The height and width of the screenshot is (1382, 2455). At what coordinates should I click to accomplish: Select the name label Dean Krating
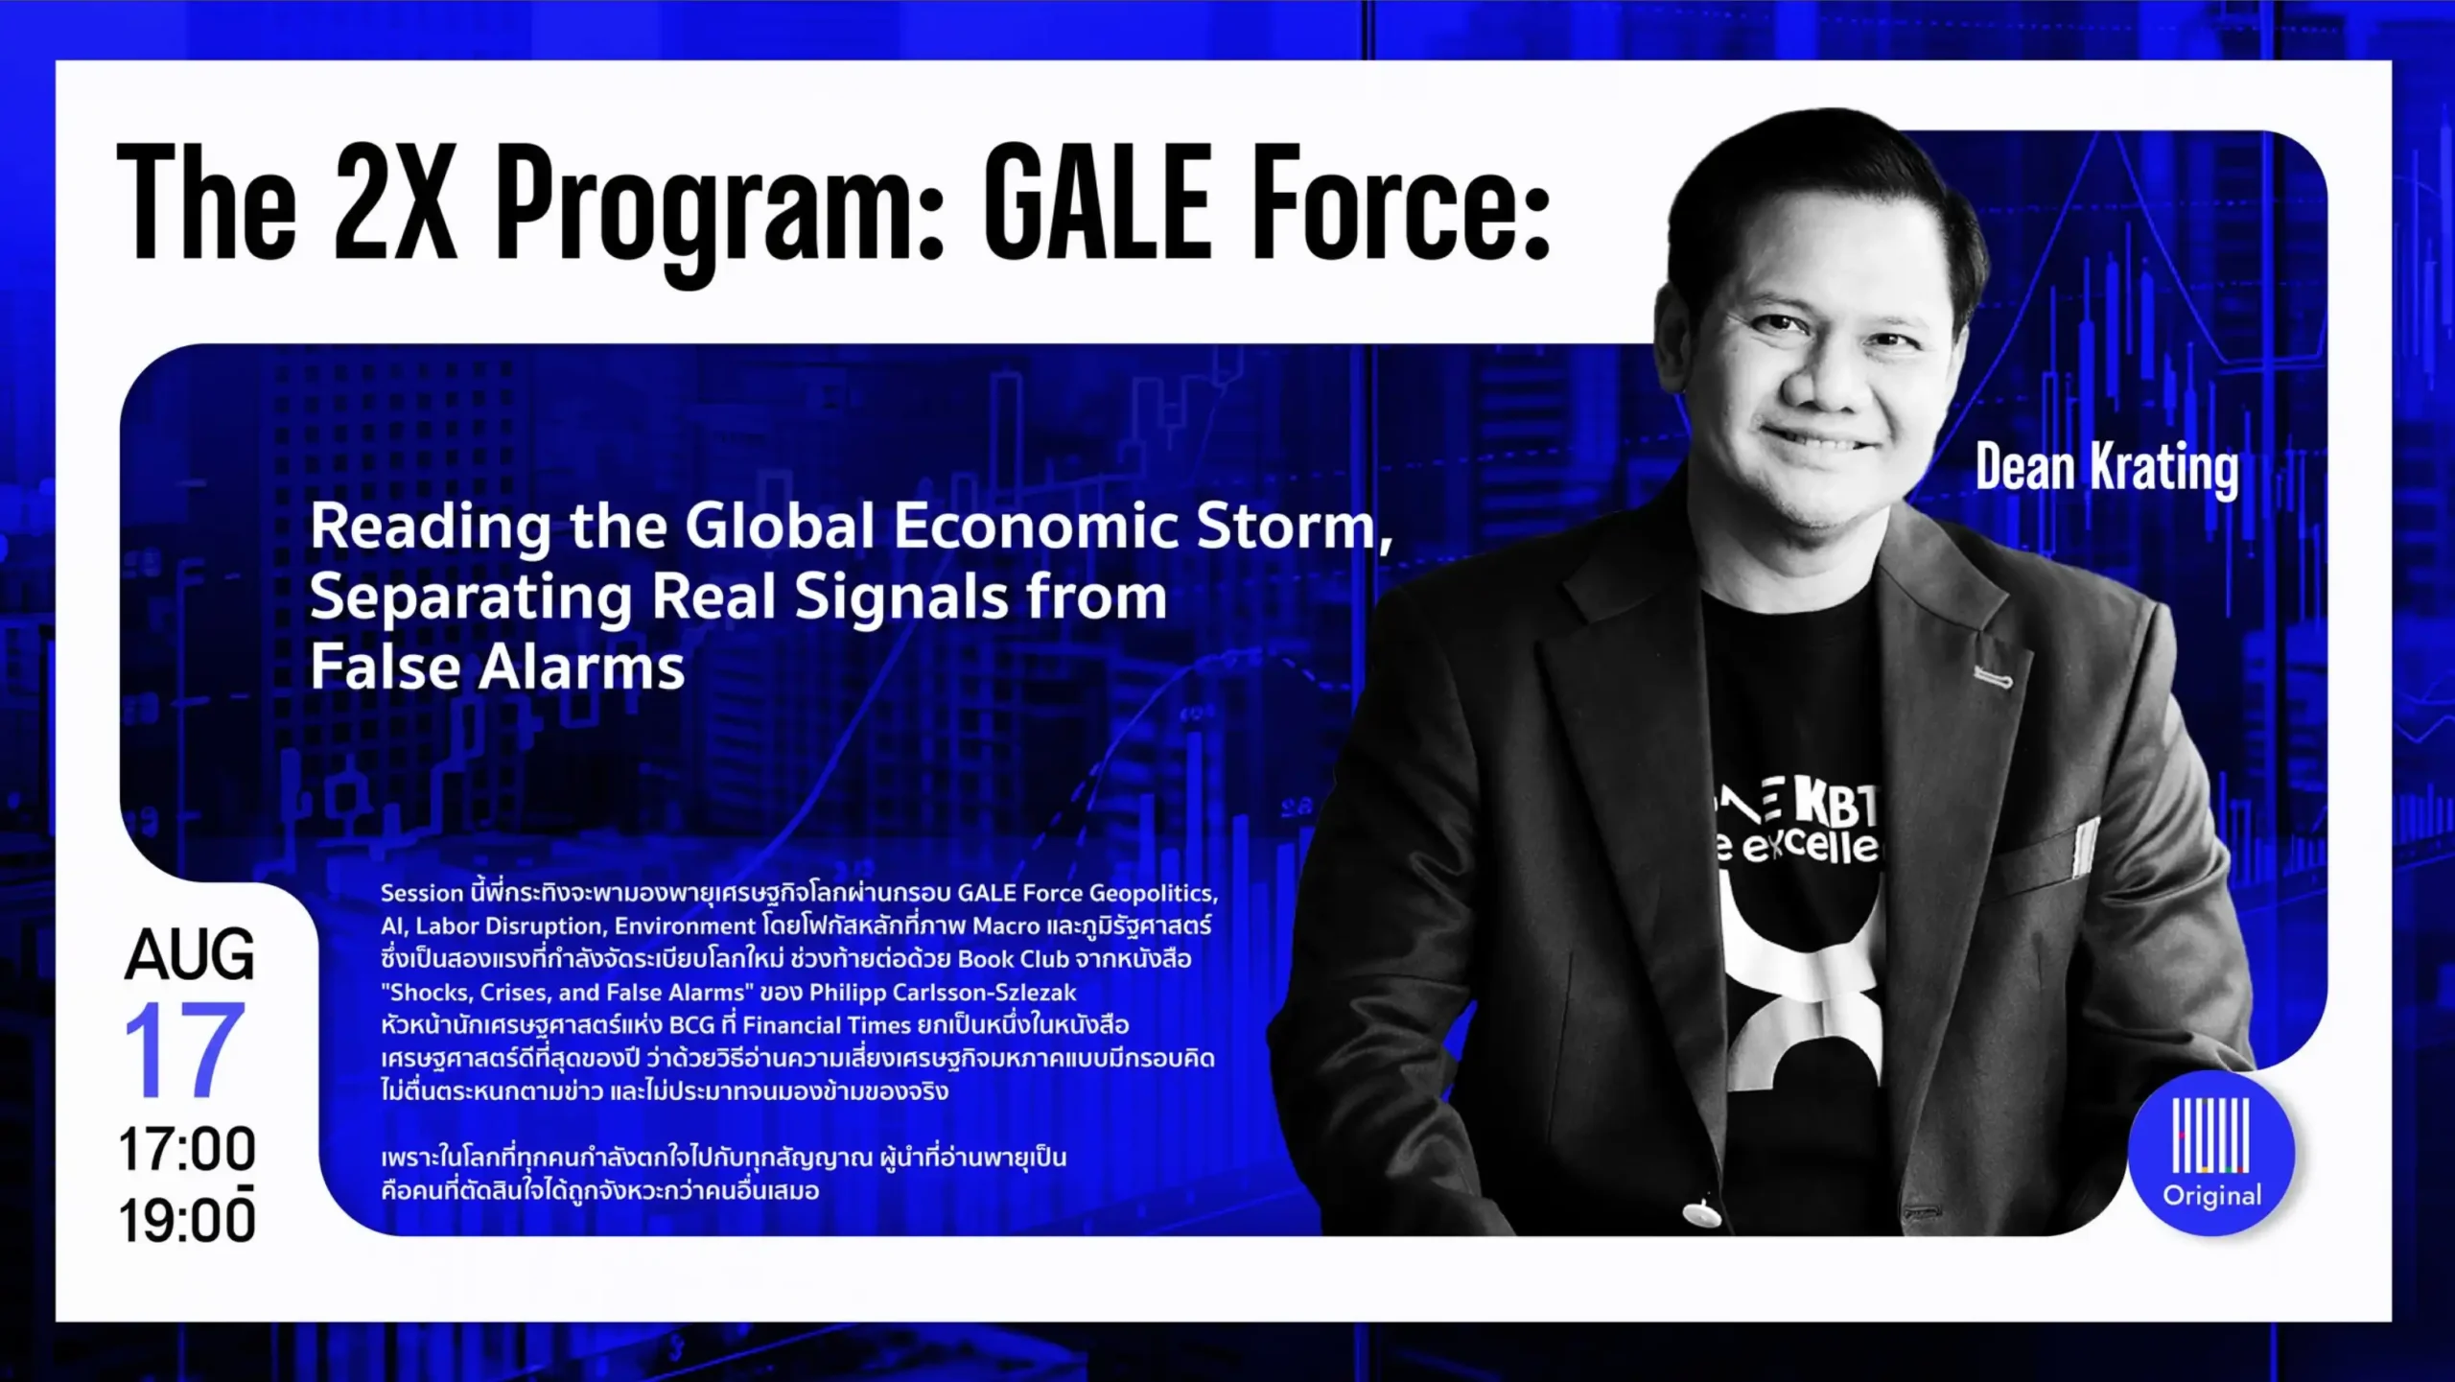[2107, 469]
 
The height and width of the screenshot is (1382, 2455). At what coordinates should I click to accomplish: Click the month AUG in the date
[190, 954]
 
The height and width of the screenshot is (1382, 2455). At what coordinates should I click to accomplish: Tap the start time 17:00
[187, 1149]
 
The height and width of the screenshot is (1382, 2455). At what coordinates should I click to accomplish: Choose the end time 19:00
[187, 1219]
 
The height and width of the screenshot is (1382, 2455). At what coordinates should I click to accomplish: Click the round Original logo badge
[2211, 1153]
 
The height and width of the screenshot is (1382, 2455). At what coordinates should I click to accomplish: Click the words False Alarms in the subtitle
[498, 667]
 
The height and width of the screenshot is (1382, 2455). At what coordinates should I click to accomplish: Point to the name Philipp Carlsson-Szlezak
[943, 992]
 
